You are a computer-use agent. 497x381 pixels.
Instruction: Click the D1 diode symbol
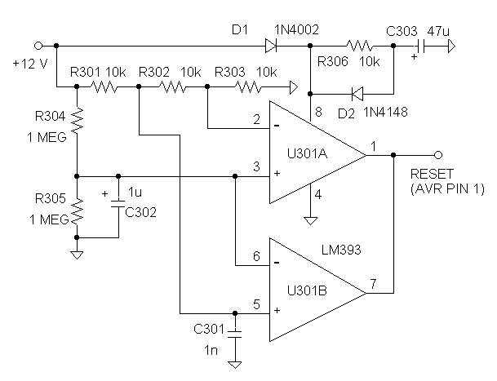[x=271, y=46]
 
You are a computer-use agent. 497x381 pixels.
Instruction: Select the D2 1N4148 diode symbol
[x=357, y=94]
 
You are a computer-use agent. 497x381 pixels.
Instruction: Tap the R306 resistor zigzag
[x=360, y=46]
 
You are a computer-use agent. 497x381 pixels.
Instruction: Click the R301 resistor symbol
[x=104, y=86]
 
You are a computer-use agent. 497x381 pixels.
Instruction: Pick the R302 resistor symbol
[x=173, y=86]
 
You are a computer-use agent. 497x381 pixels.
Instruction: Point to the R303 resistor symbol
[x=248, y=86]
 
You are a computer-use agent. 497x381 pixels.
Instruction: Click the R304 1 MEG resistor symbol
[x=77, y=121]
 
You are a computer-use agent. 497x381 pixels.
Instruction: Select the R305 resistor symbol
[x=77, y=211]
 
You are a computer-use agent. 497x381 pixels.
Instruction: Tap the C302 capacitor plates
[x=118, y=204]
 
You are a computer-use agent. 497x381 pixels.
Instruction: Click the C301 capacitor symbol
[x=235, y=334]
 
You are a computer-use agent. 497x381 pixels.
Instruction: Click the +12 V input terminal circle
[x=38, y=46]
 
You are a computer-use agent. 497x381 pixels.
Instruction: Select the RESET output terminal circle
[x=438, y=155]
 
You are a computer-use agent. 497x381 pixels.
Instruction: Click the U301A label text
[x=307, y=153]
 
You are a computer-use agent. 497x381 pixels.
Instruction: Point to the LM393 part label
[x=341, y=250]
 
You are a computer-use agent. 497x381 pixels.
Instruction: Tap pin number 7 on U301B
[x=373, y=284]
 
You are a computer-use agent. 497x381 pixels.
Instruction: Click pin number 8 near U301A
[x=318, y=112]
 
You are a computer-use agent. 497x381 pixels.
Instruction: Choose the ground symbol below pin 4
[x=310, y=220]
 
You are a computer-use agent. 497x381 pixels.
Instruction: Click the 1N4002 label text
[x=296, y=30]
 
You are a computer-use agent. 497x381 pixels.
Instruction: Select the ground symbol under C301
[x=235, y=365]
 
